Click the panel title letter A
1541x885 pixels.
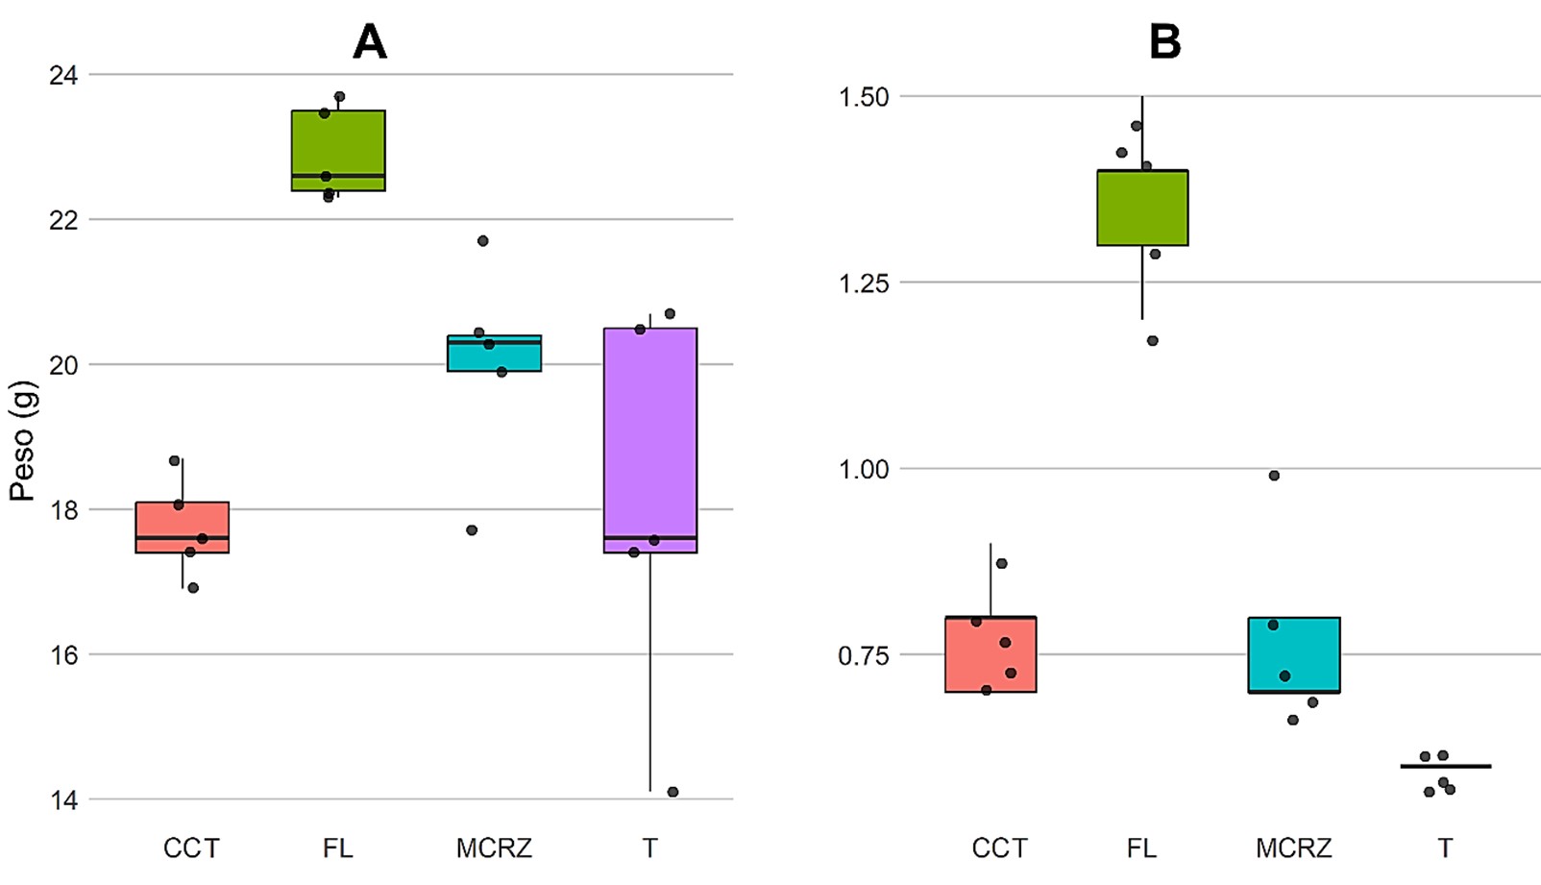coord(370,42)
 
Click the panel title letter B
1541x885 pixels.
coord(1164,42)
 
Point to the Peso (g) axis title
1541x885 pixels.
coord(22,441)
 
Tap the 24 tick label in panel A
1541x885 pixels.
coord(63,75)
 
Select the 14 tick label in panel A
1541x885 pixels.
coord(63,799)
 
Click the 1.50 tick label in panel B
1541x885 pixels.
coord(864,97)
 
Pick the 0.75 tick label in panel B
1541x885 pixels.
coord(864,655)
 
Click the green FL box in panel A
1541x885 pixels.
coord(338,144)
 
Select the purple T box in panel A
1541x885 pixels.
coord(650,432)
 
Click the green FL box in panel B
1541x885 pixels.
coord(1142,208)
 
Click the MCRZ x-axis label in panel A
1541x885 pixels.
coord(494,848)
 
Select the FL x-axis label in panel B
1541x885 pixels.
coord(1142,848)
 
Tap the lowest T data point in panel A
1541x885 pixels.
coord(673,792)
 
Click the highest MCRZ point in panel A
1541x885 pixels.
coord(483,241)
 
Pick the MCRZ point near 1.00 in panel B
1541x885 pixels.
coord(1274,476)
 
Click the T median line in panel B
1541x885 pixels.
coord(1445,766)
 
